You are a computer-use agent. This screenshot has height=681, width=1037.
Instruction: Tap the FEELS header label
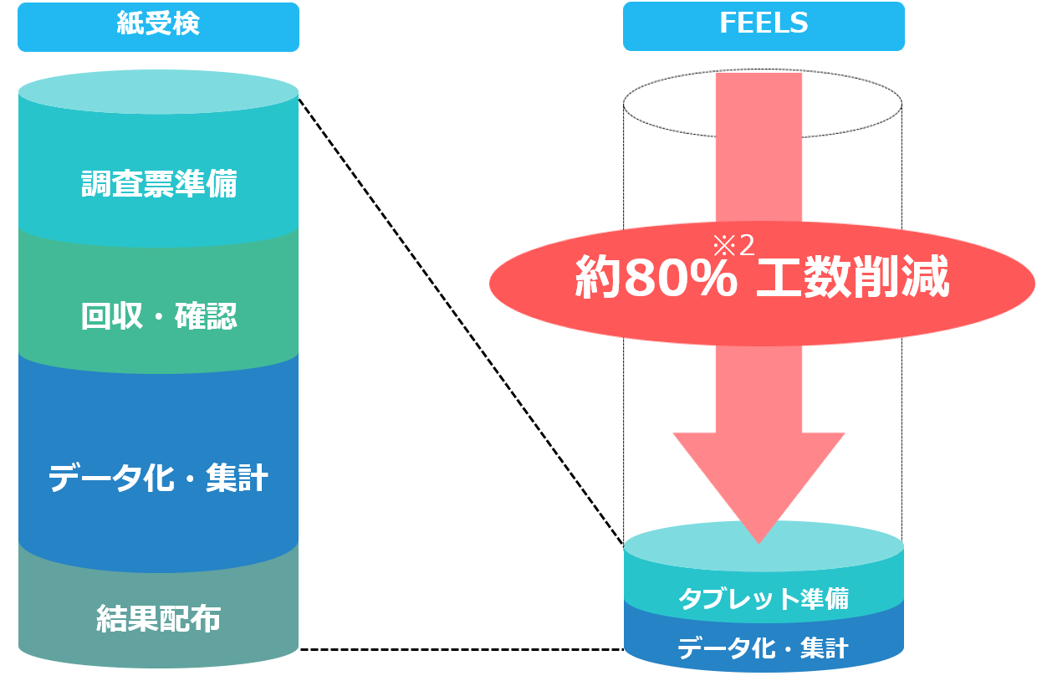tap(763, 23)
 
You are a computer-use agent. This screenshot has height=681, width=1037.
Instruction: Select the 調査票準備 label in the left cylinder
tap(159, 184)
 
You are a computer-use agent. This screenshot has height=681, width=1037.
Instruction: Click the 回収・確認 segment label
tap(159, 316)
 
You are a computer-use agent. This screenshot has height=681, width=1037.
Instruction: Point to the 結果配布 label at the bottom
tap(159, 619)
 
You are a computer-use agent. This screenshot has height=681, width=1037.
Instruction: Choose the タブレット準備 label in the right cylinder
tap(763, 599)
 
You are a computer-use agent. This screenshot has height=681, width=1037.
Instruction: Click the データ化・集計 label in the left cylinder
tap(158, 479)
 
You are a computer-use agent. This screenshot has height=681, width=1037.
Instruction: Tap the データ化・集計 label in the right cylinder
tap(763, 648)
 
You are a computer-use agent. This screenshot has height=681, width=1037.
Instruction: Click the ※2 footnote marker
tap(733, 245)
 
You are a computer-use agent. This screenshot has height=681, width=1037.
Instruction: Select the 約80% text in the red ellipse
tap(656, 279)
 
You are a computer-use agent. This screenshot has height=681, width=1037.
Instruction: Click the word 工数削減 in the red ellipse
tap(853, 279)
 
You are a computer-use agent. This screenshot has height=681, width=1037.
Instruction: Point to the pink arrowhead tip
tap(759, 539)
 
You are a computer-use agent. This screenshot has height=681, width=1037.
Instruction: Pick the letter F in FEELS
tap(727, 23)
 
